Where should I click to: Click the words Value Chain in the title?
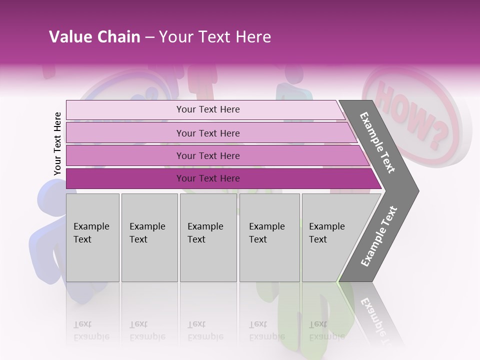pyautogui.click(x=94, y=37)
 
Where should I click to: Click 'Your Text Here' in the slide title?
pyautogui.click(x=215, y=37)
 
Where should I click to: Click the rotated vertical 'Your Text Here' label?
pyautogui.click(x=57, y=143)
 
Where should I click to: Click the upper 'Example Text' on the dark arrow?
pyautogui.click(x=377, y=142)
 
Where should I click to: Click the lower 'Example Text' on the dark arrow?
pyautogui.click(x=378, y=236)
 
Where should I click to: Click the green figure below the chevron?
pyautogui.click(x=300, y=320)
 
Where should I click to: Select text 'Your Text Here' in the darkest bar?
pyautogui.click(x=208, y=178)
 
